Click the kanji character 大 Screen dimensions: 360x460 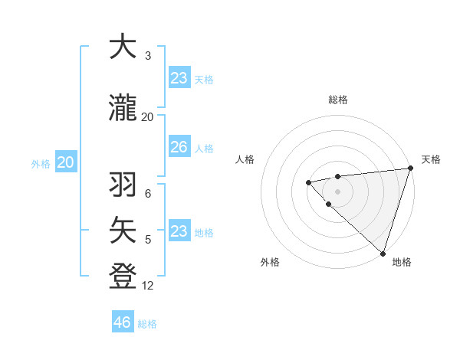[123, 47]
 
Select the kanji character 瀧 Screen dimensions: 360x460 [123, 109]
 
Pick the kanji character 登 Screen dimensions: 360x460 [123, 273]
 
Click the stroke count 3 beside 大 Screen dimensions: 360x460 [148, 55]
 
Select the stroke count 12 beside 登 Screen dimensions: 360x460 [148, 285]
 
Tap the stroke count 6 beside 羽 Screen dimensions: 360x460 [148, 194]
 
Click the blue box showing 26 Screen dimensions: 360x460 [179, 147]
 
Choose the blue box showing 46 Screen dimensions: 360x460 [123, 322]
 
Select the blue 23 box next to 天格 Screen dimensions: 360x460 [179, 78]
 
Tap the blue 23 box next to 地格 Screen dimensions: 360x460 [179, 231]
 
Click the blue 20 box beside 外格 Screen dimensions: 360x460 [66, 162]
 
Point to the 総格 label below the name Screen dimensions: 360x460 [147, 324]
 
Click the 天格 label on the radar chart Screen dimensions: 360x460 [431, 159]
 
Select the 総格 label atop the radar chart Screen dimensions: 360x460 [337, 100]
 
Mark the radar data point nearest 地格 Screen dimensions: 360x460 [383, 253]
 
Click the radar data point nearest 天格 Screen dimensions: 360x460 [410, 168]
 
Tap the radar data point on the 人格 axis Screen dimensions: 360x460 [308, 182]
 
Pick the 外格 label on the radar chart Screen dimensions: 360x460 [270, 262]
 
